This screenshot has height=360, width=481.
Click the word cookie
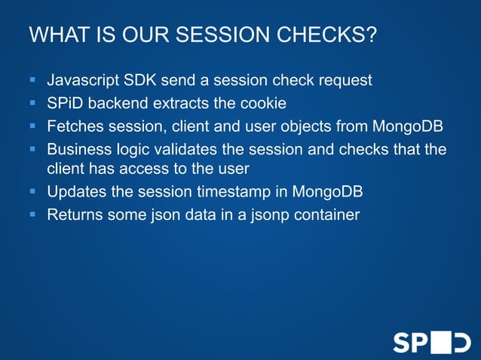pos(259,102)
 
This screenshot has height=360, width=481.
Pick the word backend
pos(120,102)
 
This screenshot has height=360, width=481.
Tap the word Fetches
pos(75,125)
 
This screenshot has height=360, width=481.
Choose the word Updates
pos(75,192)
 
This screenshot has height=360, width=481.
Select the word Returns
pos(75,215)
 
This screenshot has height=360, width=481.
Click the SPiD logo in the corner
pos(430,341)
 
